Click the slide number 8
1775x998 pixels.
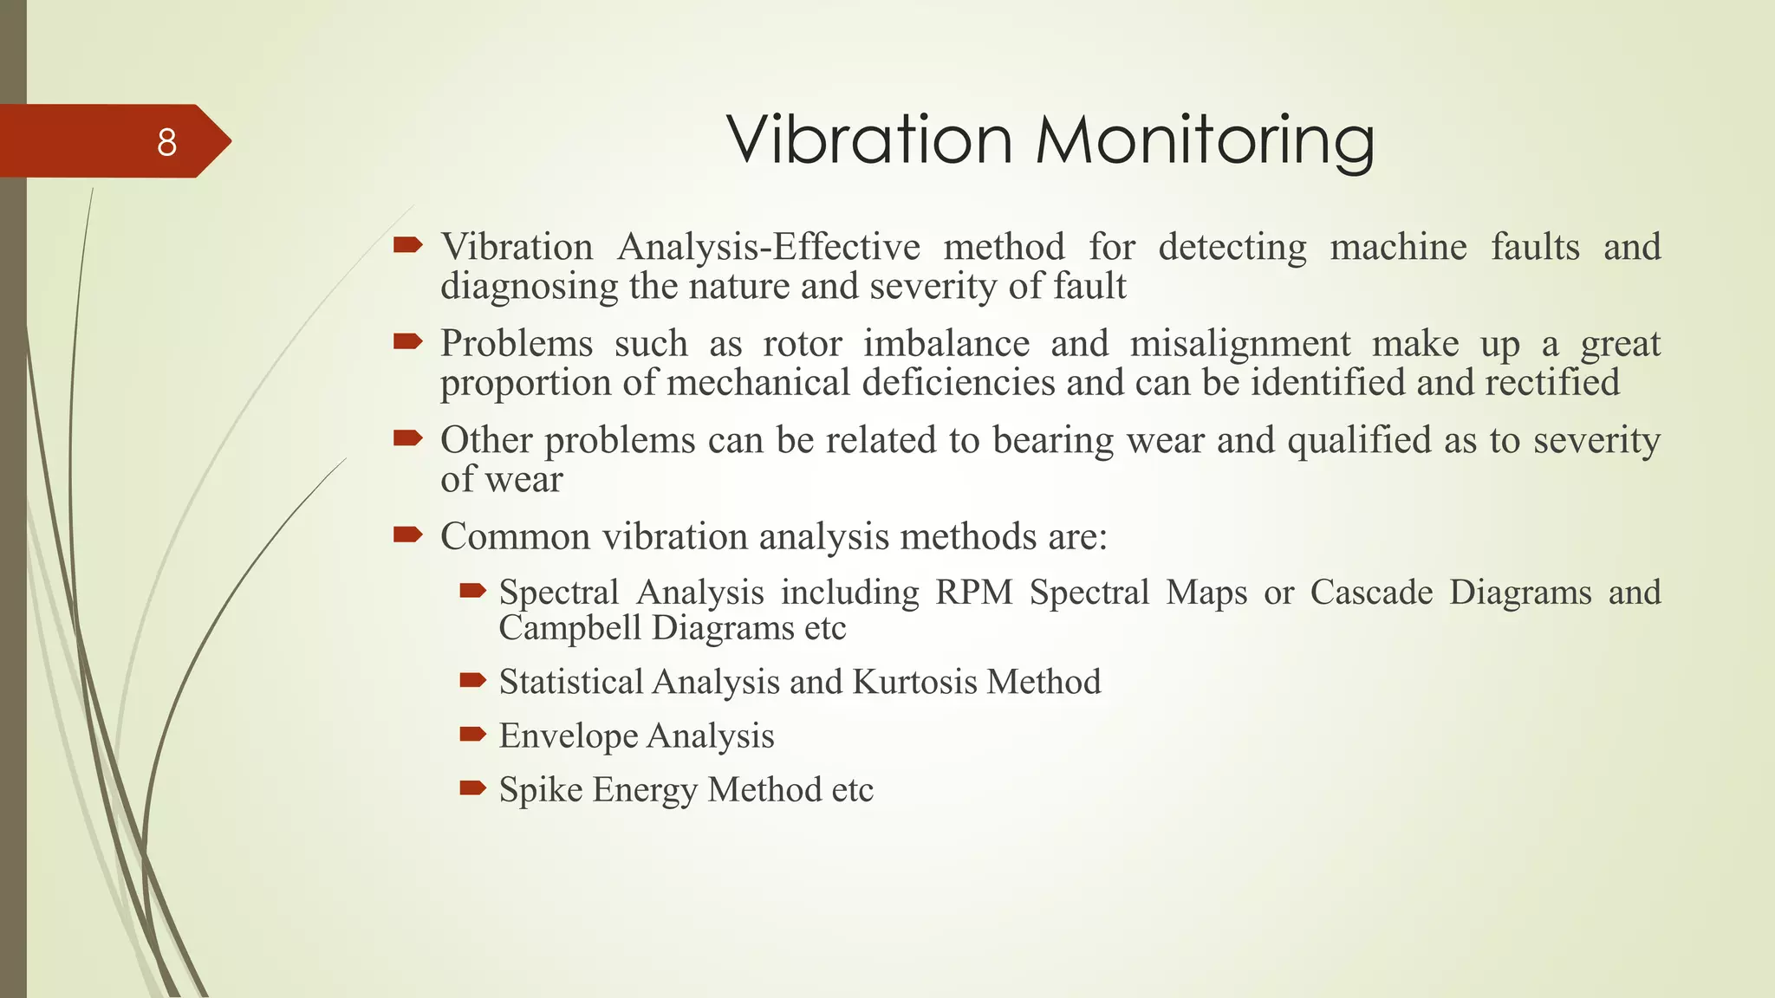pyautogui.click(x=166, y=142)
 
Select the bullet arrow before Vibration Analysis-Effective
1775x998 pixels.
pyautogui.click(x=407, y=245)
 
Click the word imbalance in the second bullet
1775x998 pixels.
pyautogui.click(x=946, y=344)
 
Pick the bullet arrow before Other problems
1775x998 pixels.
pyautogui.click(x=407, y=438)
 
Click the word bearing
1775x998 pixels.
pyautogui.click(x=1052, y=441)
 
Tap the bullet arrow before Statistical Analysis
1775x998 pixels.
pyautogui.click(x=473, y=680)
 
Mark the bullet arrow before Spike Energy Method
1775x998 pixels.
pyautogui.click(x=473, y=787)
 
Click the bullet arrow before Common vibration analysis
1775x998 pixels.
pyautogui.click(x=407, y=535)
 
